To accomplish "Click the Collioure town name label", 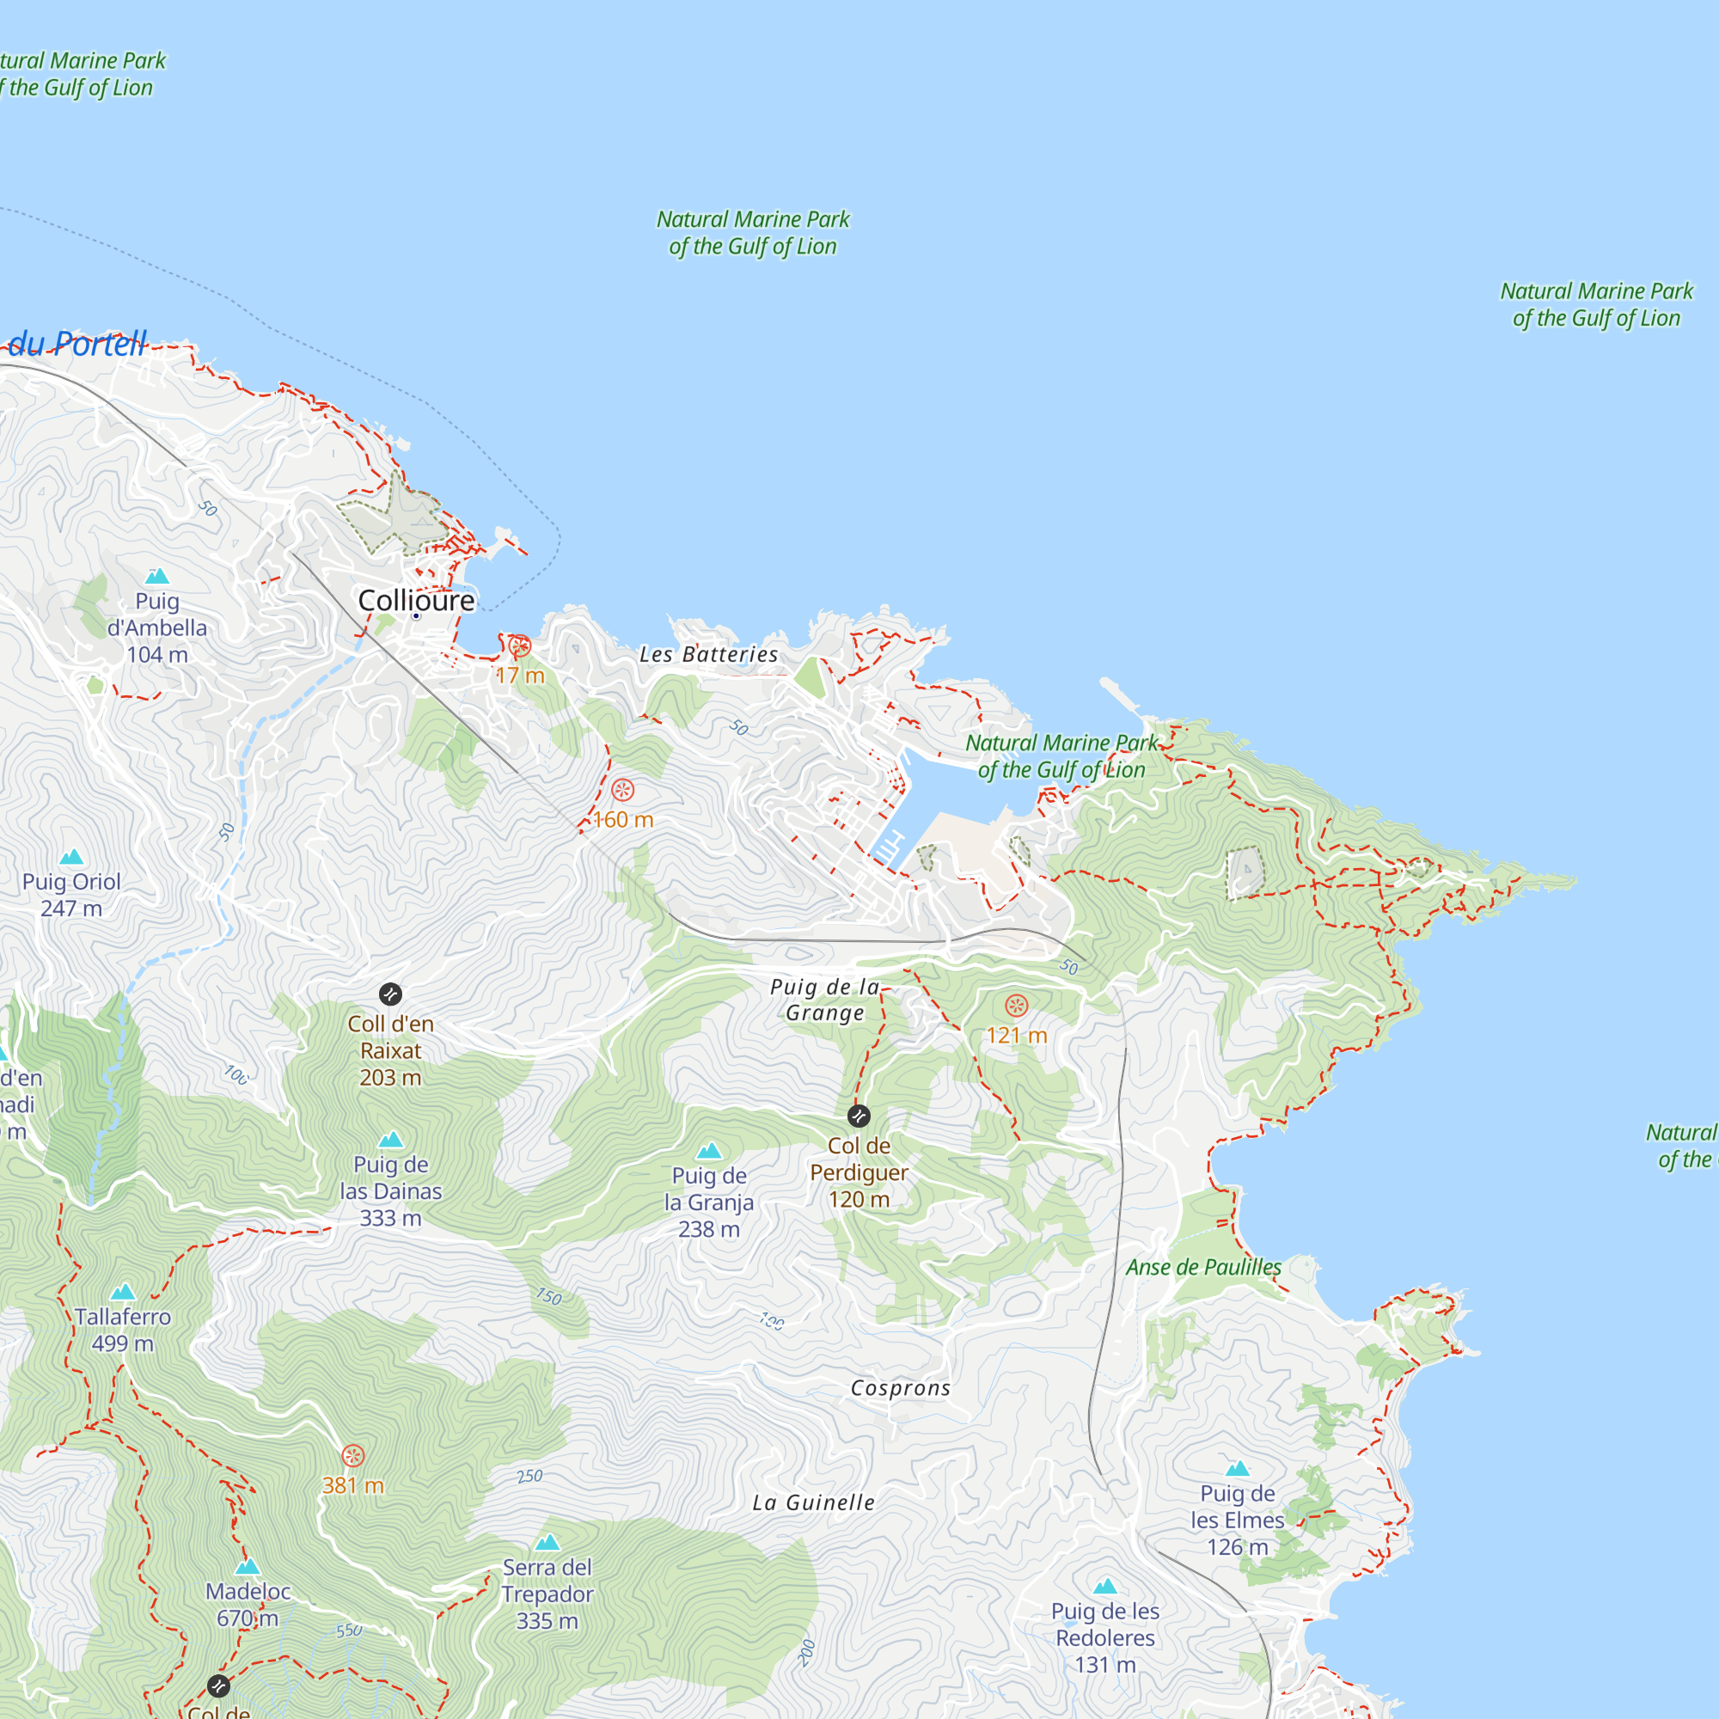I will point(415,601).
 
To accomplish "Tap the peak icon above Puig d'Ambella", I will point(156,576).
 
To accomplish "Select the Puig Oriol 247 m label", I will point(71,894).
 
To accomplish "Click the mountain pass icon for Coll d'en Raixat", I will point(389,994).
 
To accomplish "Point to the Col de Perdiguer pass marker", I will point(859,1116).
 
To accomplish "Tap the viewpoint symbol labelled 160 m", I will point(623,789).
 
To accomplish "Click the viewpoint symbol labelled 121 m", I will point(1016,1006).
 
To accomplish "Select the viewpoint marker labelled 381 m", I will point(353,1456).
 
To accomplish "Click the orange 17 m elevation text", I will point(521,676).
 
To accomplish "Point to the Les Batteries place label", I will point(708,654).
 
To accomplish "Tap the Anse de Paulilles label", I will point(1203,1267).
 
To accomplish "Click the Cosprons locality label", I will point(901,1388).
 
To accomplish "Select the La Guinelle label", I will point(813,1502).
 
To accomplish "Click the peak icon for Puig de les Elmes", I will point(1238,1468).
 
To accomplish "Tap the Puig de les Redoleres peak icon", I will point(1105,1586).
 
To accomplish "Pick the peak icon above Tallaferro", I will point(123,1291).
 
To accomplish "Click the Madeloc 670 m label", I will point(248,1604).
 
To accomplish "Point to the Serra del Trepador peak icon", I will point(548,1542).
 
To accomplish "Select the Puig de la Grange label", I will point(825,1000).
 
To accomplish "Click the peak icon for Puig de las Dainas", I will point(390,1140).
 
